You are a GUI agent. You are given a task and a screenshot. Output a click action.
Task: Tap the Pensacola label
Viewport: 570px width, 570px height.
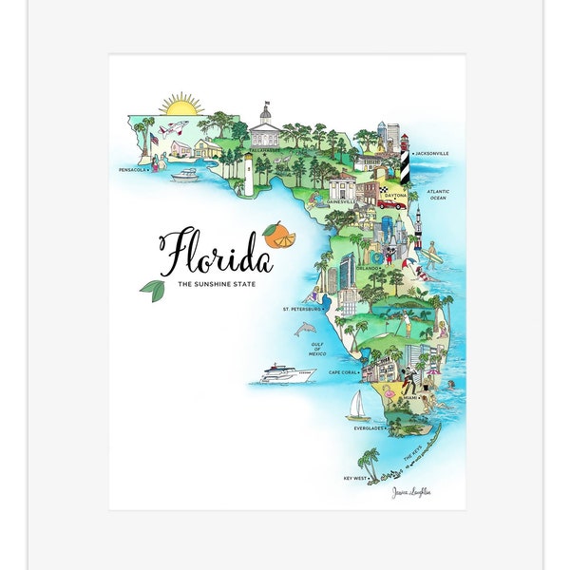coord(133,170)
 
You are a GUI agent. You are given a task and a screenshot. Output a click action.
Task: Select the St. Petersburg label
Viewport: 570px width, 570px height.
coord(302,309)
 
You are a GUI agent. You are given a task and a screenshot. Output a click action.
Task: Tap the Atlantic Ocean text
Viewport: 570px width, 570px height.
coord(438,195)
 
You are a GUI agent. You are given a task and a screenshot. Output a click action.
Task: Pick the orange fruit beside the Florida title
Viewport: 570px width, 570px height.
coord(279,233)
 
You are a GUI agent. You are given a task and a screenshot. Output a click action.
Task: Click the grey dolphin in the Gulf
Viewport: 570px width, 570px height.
coord(304,329)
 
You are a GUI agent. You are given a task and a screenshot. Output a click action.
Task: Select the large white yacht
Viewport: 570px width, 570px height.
coord(288,372)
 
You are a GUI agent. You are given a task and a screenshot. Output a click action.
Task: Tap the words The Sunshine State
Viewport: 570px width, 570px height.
coord(216,284)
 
